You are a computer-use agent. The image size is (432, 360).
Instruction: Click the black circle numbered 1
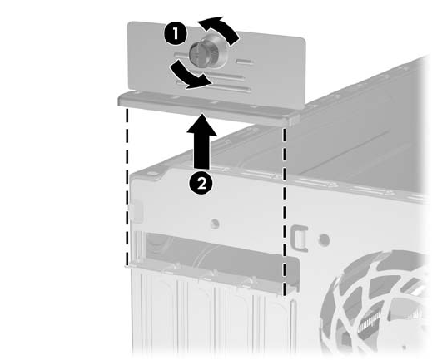click(x=176, y=34)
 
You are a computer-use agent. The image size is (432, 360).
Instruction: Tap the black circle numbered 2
click(x=201, y=183)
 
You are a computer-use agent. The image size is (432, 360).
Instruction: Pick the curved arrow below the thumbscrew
click(x=189, y=76)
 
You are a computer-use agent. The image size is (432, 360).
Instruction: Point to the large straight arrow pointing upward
click(x=201, y=141)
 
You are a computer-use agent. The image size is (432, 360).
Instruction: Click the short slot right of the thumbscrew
click(x=244, y=62)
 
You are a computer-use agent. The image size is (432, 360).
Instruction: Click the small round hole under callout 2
click(x=215, y=224)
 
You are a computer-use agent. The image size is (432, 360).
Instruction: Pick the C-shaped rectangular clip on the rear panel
click(x=299, y=239)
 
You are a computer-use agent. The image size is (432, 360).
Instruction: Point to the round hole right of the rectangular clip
click(x=324, y=239)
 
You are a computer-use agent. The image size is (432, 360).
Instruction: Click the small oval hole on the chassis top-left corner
click(x=151, y=175)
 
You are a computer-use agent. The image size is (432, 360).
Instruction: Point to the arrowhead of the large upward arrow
click(x=201, y=124)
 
